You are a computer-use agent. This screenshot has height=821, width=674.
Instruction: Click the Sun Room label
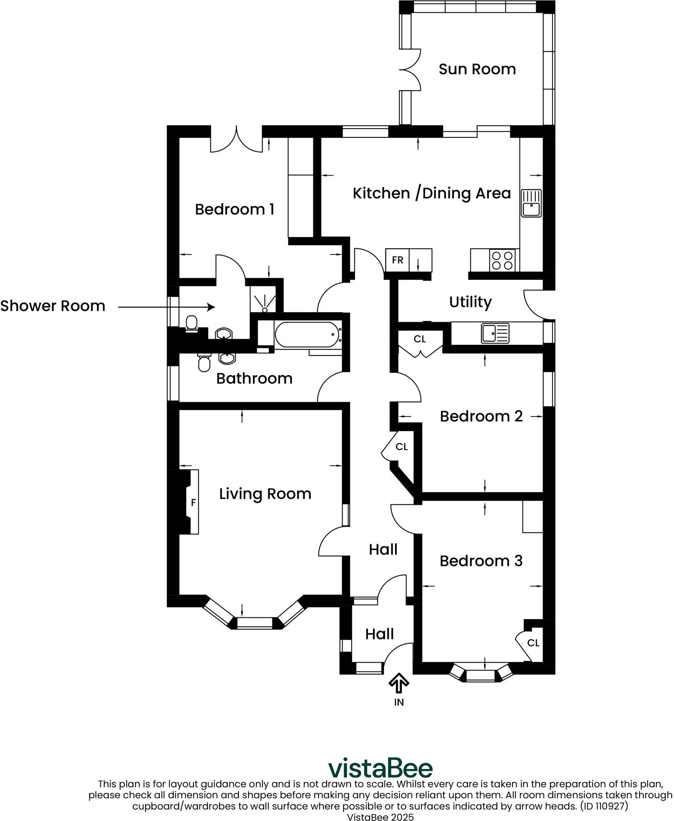click(x=477, y=69)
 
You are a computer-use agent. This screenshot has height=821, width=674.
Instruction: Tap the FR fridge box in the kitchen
click(x=397, y=260)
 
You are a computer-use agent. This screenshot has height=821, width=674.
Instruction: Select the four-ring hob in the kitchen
click(x=502, y=260)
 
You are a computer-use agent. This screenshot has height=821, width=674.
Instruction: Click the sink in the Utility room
click(x=495, y=333)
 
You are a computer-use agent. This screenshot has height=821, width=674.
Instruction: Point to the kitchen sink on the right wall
click(x=531, y=203)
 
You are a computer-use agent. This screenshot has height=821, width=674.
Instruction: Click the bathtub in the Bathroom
click(x=307, y=334)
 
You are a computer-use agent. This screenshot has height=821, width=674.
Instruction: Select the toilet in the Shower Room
click(x=192, y=324)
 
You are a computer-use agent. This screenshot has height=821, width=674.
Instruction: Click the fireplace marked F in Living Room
click(x=193, y=502)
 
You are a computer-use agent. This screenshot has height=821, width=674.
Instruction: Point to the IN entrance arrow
click(x=399, y=683)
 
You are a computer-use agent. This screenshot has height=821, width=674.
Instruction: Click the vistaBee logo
click(x=380, y=768)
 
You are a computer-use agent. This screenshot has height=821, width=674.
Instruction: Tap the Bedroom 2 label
click(x=481, y=416)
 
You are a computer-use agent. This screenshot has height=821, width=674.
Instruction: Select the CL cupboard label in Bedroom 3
click(x=533, y=643)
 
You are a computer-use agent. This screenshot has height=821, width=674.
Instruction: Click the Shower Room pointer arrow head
click(x=212, y=307)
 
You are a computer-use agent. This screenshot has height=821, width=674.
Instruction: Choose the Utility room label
click(x=470, y=302)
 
